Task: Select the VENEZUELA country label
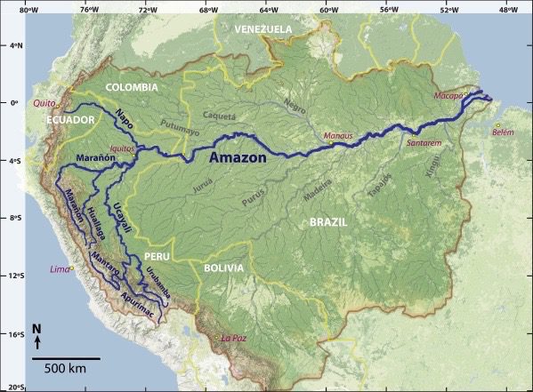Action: (262, 29)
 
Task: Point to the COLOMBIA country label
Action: (131, 87)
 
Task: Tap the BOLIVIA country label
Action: (222, 268)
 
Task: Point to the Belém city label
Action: (503, 132)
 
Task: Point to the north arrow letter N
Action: (36, 329)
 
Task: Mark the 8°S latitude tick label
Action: (11, 218)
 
